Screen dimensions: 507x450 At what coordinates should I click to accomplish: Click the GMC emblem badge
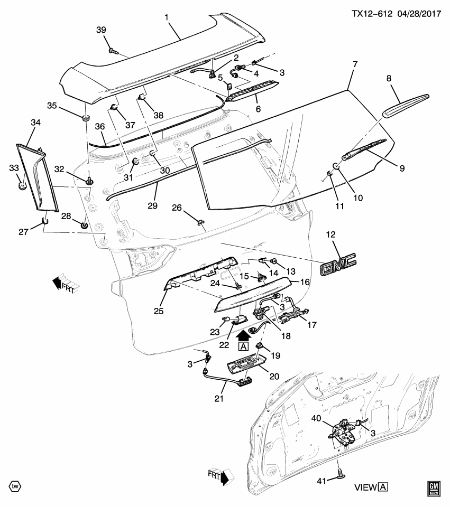click(338, 262)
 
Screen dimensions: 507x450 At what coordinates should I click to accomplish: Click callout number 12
click(331, 234)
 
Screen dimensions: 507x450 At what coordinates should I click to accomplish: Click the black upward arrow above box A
click(243, 335)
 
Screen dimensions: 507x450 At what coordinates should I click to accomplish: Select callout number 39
click(101, 31)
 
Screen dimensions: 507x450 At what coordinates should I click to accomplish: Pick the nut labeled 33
click(22, 185)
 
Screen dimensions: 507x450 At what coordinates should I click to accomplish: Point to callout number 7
click(355, 64)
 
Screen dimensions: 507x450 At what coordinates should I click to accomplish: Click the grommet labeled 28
click(84, 226)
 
